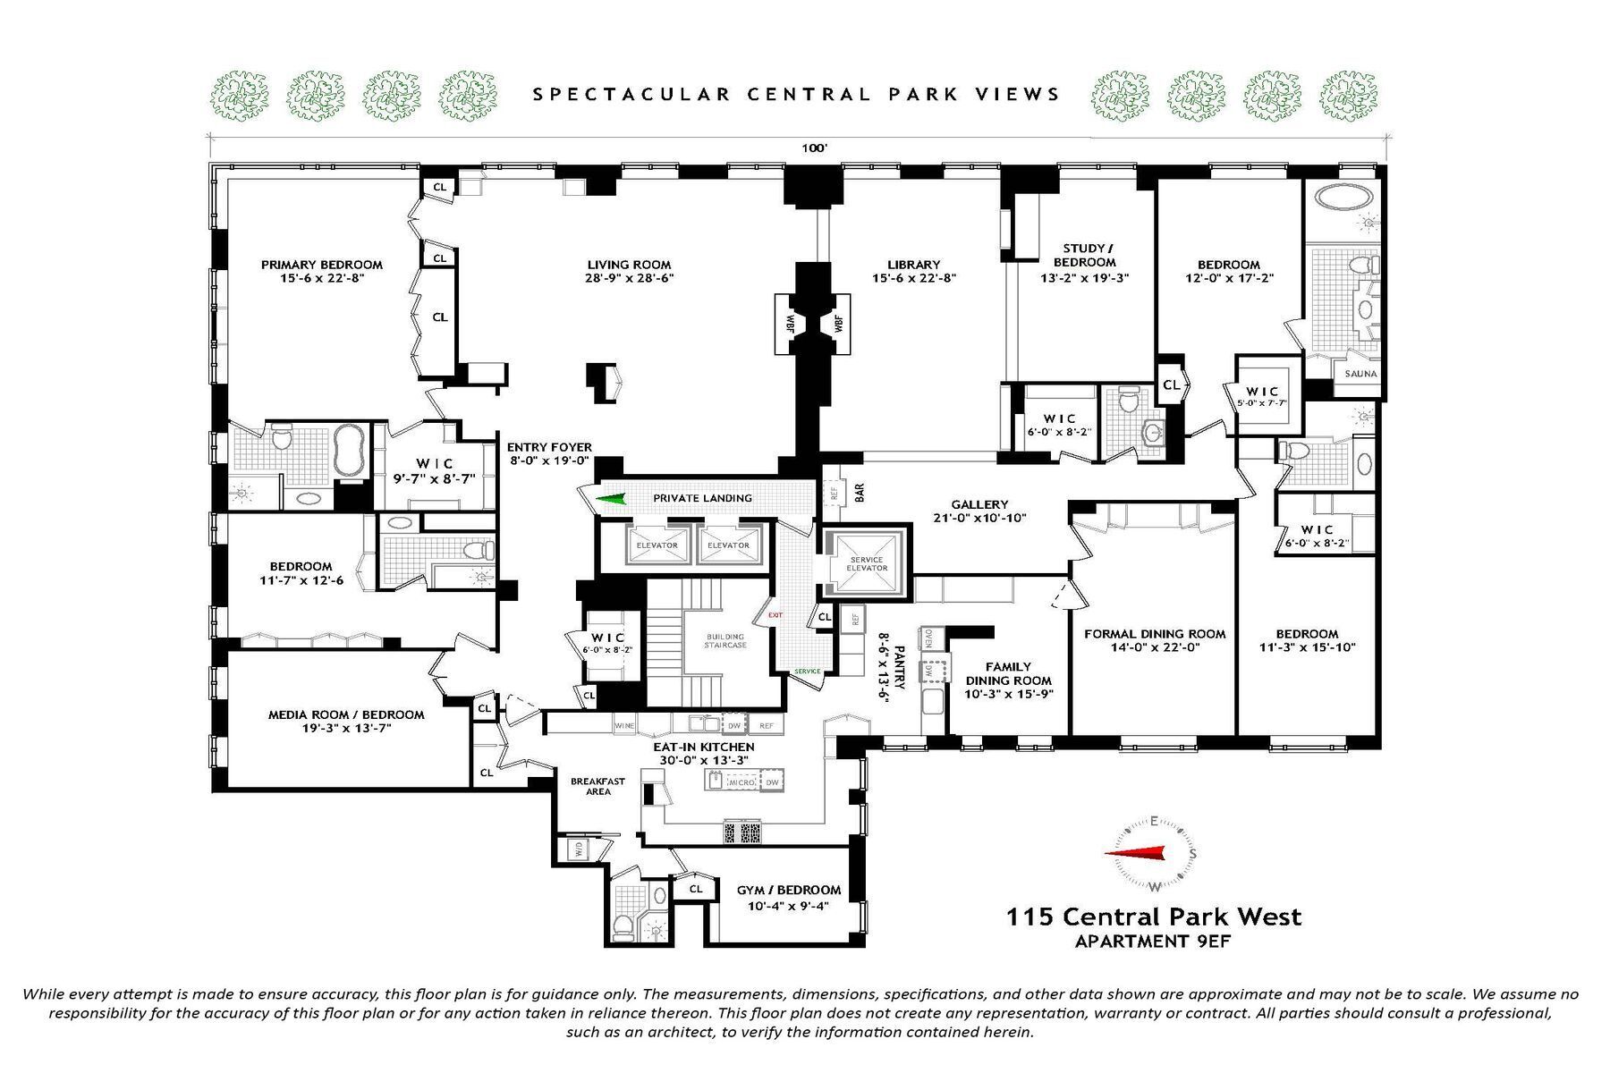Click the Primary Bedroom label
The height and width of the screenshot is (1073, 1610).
tap(321, 265)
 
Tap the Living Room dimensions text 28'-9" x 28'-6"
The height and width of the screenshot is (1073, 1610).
tap(629, 278)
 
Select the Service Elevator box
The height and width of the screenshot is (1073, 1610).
tap(866, 562)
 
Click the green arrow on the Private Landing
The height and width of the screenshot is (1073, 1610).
tap(613, 499)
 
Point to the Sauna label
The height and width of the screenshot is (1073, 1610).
tap(1360, 374)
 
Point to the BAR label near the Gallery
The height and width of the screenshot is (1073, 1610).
tap(860, 493)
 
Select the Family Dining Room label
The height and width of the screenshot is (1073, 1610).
tap(1008, 673)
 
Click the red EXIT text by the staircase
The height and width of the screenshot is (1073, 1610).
tap(775, 615)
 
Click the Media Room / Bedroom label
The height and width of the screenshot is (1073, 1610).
tap(346, 714)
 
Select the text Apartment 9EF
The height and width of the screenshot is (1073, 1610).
tap(1154, 941)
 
